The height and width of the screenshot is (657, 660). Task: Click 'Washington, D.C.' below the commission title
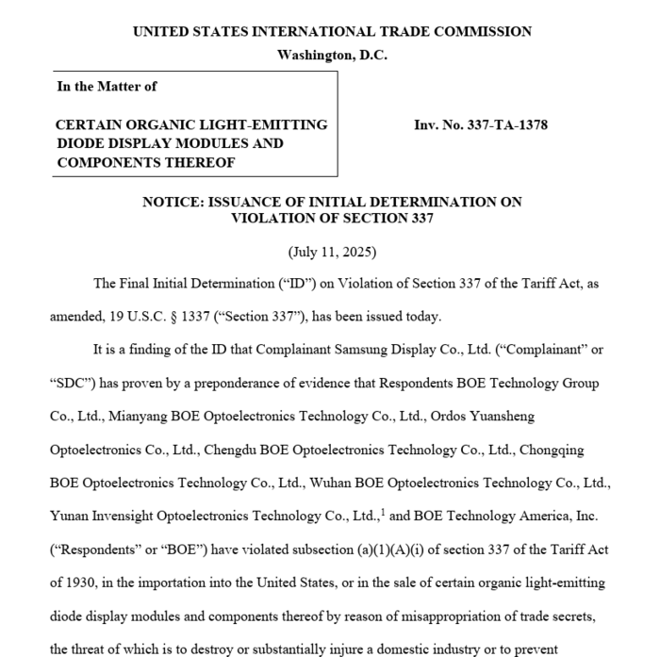332,55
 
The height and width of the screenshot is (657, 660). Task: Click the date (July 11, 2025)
332,253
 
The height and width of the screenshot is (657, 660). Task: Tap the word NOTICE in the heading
169,202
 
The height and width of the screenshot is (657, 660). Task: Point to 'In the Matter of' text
107,86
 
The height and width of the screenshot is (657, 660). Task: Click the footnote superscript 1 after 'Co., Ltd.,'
381,513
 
